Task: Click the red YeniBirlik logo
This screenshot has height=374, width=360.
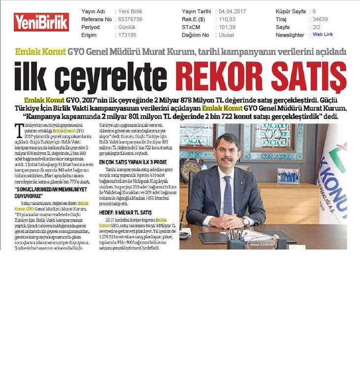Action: click(x=41, y=22)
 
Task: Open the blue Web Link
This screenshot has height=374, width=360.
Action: click(x=323, y=34)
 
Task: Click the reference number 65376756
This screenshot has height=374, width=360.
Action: click(x=130, y=19)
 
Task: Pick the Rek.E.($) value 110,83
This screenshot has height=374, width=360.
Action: click(x=225, y=19)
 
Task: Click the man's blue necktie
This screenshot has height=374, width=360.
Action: click(x=228, y=195)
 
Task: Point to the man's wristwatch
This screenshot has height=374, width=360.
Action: click(x=245, y=221)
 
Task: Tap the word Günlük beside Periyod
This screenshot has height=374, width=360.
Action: click(x=127, y=27)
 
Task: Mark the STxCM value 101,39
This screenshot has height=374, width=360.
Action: click(x=225, y=27)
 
